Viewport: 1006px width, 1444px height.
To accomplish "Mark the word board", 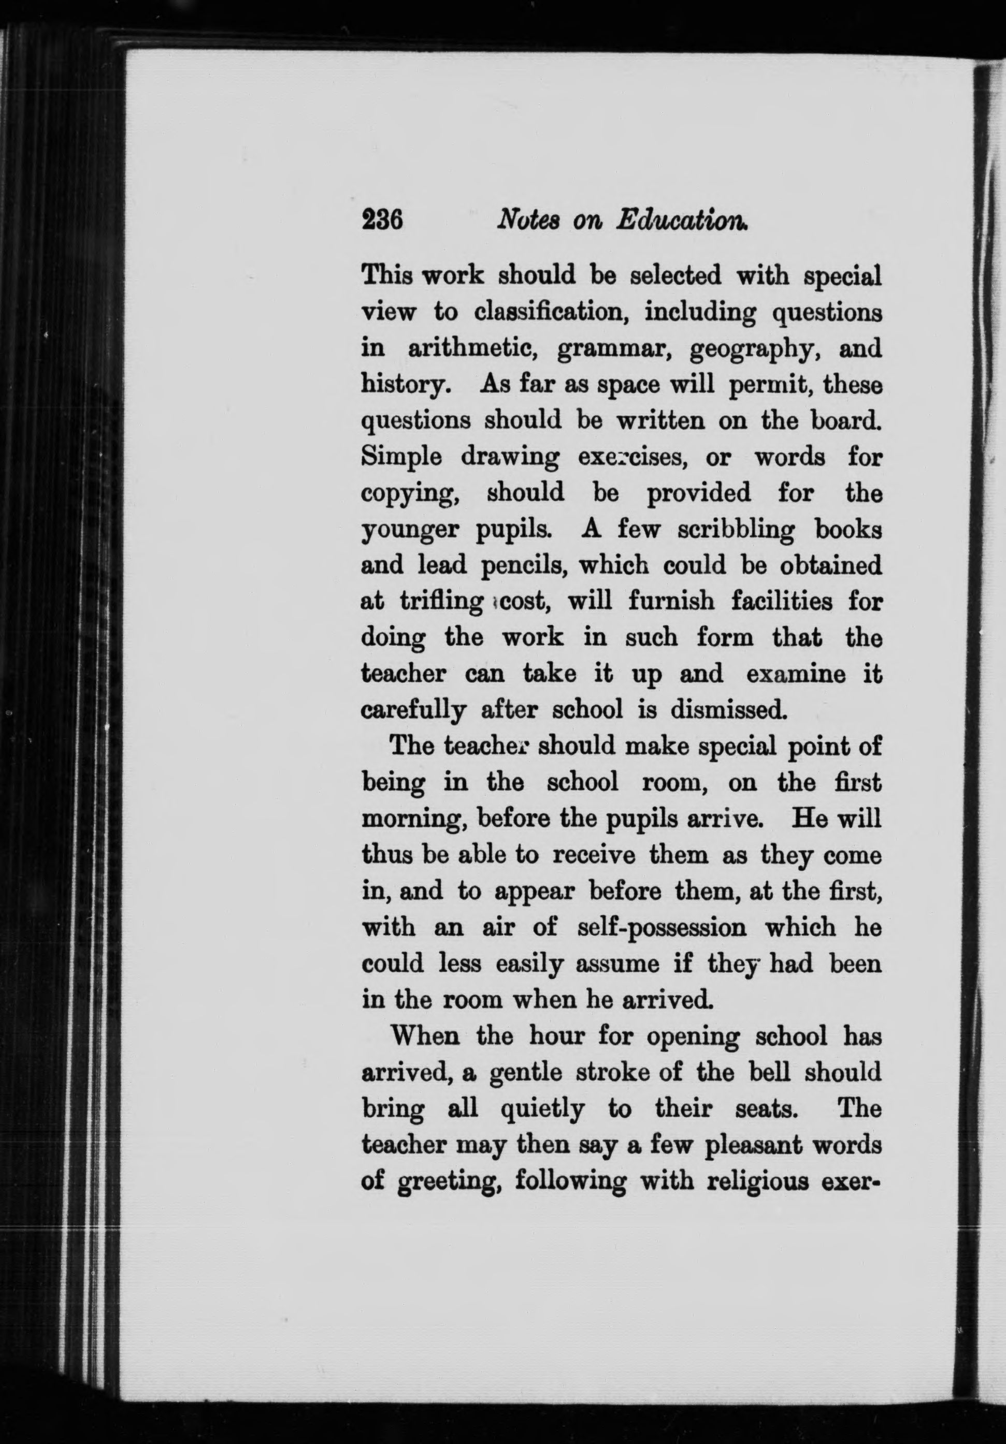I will tap(842, 421).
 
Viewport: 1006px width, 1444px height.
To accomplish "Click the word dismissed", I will tap(727, 711).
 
